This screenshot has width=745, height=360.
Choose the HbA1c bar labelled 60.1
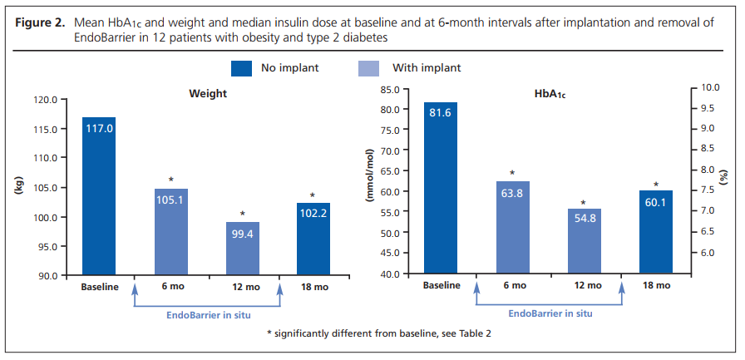click(x=656, y=232)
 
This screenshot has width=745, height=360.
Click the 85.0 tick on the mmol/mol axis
click(x=390, y=88)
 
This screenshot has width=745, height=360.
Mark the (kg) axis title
click(x=18, y=188)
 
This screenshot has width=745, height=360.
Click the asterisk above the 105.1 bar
click(x=170, y=180)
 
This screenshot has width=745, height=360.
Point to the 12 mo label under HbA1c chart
click(x=585, y=286)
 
